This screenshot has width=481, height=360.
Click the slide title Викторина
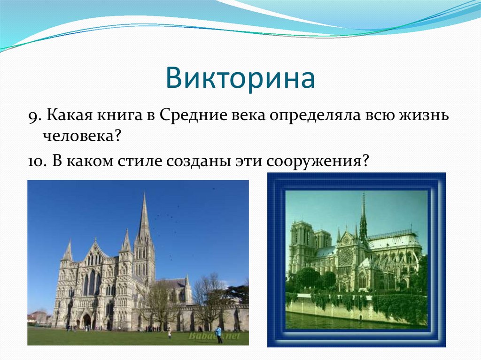pos(240,78)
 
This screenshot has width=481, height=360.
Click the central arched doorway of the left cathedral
pos(87,321)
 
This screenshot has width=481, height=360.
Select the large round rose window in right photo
pos(346,256)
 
